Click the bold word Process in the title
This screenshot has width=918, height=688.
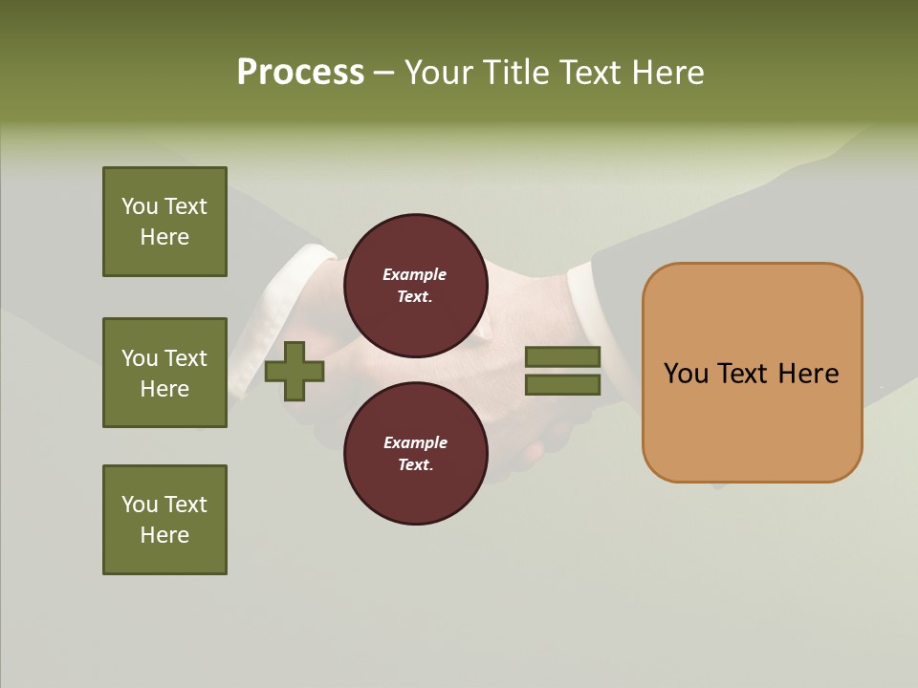coord(300,72)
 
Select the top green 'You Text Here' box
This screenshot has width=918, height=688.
coord(164,222)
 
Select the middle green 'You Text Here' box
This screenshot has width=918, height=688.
coord(164,373)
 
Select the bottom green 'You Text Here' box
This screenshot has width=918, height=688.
coord(164,520)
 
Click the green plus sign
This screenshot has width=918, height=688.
coord(295,371)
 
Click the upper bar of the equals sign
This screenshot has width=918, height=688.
coord(562,357)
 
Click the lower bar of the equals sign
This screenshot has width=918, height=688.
coord(562,384)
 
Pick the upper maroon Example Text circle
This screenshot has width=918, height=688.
coord(416,285)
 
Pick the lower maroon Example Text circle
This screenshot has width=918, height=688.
coord(416,453)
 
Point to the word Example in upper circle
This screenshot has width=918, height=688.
coord(414,274)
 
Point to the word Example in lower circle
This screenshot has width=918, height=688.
coord(415,442)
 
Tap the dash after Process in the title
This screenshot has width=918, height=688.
coord(383,73)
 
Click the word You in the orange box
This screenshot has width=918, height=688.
coord(686,374)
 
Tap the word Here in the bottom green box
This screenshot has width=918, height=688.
coord(164,535)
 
